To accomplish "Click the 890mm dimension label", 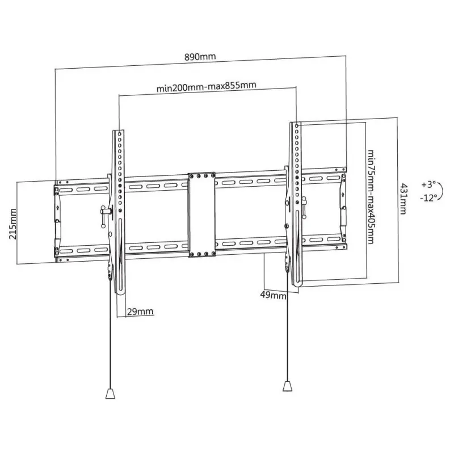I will pos(200,57).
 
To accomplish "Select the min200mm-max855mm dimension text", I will pos(207,86).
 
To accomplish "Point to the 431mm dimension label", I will pos(403,198).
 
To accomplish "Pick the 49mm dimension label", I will pos(274,296).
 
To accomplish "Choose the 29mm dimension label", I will pos(139,312).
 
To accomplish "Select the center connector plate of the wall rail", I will pos(202,215).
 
